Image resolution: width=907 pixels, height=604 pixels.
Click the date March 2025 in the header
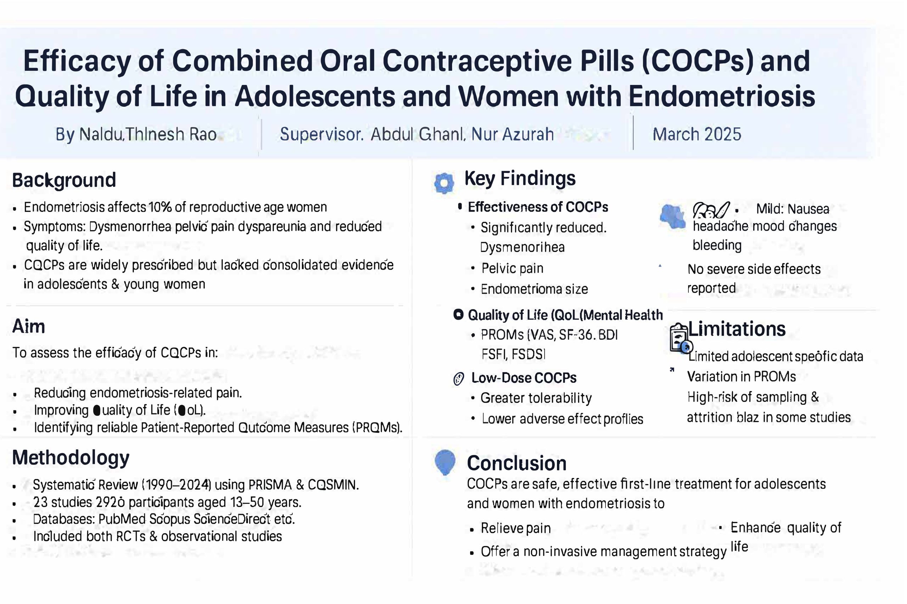[x=697, y=134]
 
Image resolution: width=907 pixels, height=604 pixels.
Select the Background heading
[x=64, y=180]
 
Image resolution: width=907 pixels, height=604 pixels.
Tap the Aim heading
[x=29, y=327]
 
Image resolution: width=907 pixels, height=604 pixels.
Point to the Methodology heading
[x=71, y=458]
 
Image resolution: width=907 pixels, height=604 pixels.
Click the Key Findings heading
[x=520, y=179]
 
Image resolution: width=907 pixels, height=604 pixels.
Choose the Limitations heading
[x=737, y=329]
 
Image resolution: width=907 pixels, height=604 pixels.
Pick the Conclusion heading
[x=517, y=464]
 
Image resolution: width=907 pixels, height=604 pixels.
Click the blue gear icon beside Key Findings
[x=444, y=183]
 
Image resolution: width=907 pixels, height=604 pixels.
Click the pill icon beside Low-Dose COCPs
[x=458, y=379]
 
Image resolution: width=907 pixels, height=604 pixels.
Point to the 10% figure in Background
[x=160, y=207]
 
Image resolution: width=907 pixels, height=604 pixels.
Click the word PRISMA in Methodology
[x=270, y=485]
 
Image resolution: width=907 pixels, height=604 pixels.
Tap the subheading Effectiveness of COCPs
[x=537, y=207]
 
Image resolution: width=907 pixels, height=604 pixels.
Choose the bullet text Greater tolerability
[x=536, y=398]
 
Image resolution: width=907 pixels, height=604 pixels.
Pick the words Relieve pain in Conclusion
[x=516, y=528]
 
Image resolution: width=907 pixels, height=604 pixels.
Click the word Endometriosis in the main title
[x=721, y=96]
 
